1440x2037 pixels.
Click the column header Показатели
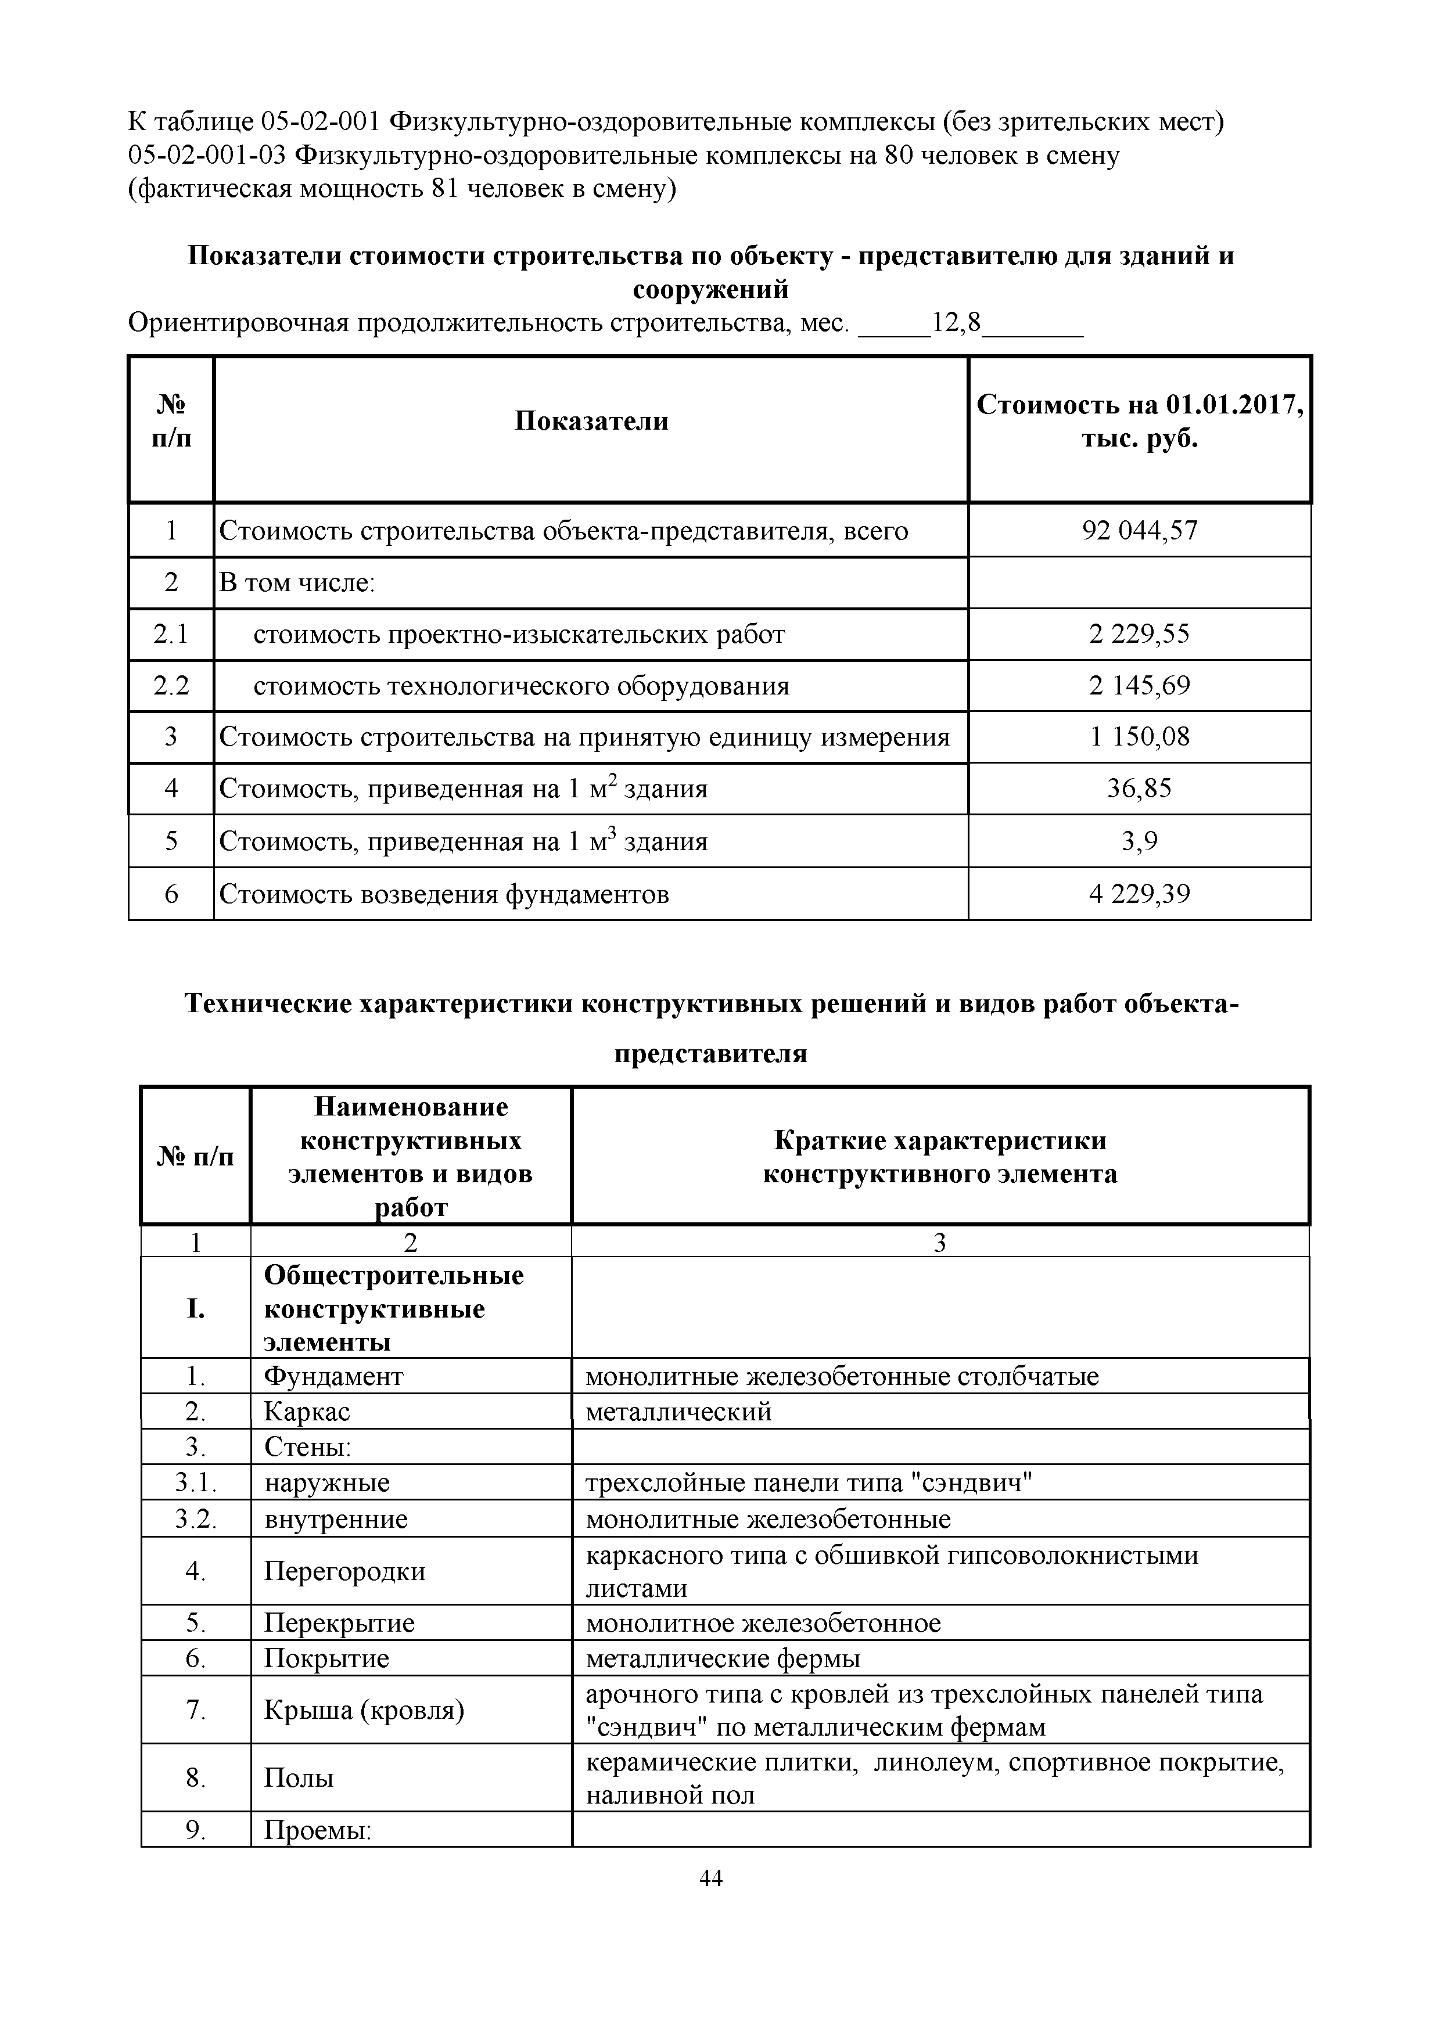(x=591, y=420)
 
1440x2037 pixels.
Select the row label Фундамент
(x=333, y=1376)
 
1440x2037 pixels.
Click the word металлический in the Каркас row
(x=678, y=1412)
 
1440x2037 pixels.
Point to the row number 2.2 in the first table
(x=171, y=686)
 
